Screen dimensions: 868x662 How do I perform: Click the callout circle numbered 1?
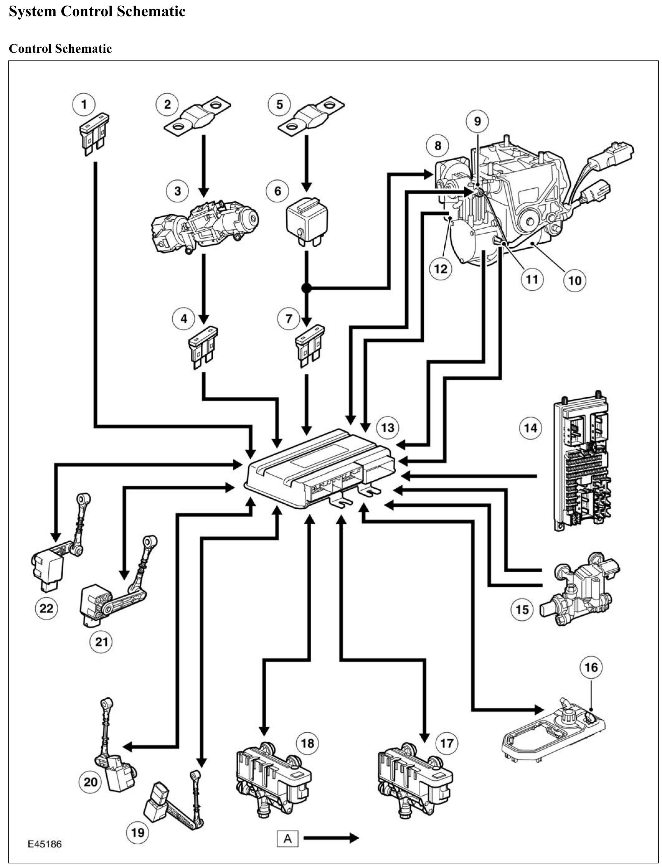pyautogui.click(x=84, y=104)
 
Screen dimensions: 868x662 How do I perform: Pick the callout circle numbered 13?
pyautogui.click(x=387, y=428)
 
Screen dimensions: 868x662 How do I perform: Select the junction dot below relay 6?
pyautogui.click(x=307, y=289)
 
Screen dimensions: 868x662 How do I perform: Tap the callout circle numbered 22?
pyautogui.click(x=46, y=608)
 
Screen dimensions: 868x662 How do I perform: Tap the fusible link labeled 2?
pyautogui.click(x=197, y=116)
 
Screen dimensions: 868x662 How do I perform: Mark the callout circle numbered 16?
pyautogui.click(x=591, y=667)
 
